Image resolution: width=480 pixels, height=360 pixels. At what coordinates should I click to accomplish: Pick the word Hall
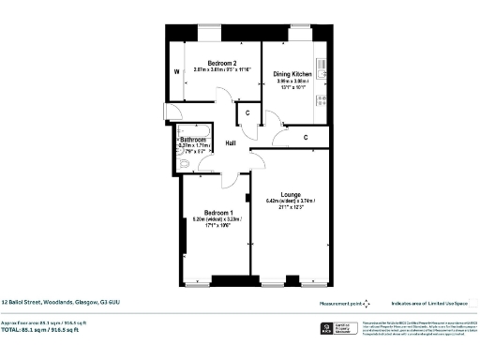click(x=232, y=144)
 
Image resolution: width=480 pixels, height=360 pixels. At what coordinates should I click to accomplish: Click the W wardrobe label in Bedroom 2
click(x=174, y=71)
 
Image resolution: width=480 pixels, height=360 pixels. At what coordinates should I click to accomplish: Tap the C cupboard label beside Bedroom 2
click(x=246, y=113)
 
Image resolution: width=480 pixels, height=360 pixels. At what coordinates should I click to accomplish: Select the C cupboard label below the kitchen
click(x=306, y=138)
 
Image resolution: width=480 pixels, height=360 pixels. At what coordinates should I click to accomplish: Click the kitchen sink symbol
click(x=322, y=67)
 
